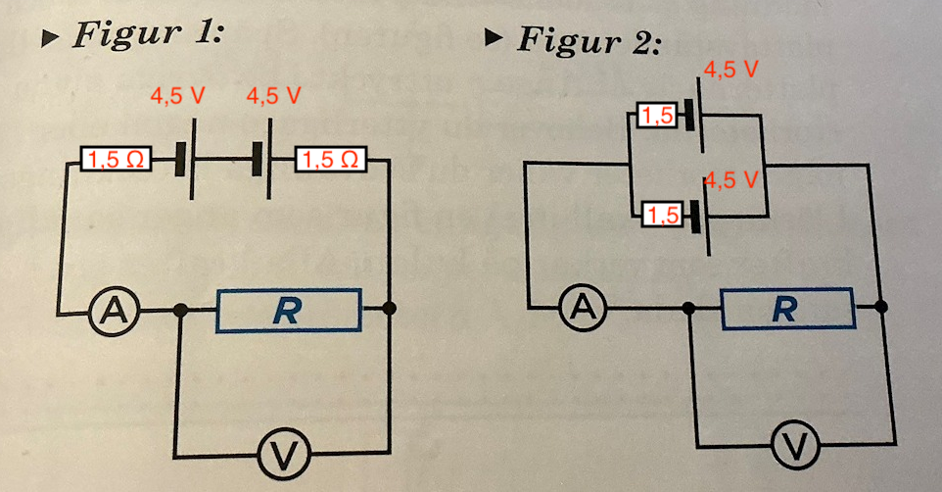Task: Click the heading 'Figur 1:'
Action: click(x=147, y=35)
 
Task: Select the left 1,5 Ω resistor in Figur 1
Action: click(x=116, y=158)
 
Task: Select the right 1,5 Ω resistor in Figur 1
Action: click(x=330, y=158)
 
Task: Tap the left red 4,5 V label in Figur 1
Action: click(x=177, y=97)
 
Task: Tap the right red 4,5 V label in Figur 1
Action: click(x=274, y=97)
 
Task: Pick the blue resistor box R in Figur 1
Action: click(x=288, y=311)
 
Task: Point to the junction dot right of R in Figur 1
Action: click(x=390, y=309)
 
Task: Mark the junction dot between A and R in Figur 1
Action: click(x=179, y=311)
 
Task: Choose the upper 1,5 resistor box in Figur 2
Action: click(x=657, y=118)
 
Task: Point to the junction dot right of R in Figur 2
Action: click(x=882, y=306)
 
